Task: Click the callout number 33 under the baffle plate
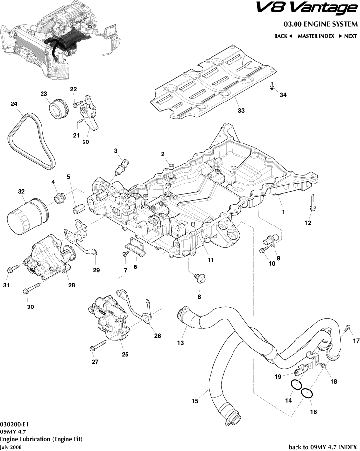(241, 111)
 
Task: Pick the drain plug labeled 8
(199, 278)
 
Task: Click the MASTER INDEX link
(316, 36)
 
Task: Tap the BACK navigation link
(283, 36)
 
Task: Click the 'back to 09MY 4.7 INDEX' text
(323, 446)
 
